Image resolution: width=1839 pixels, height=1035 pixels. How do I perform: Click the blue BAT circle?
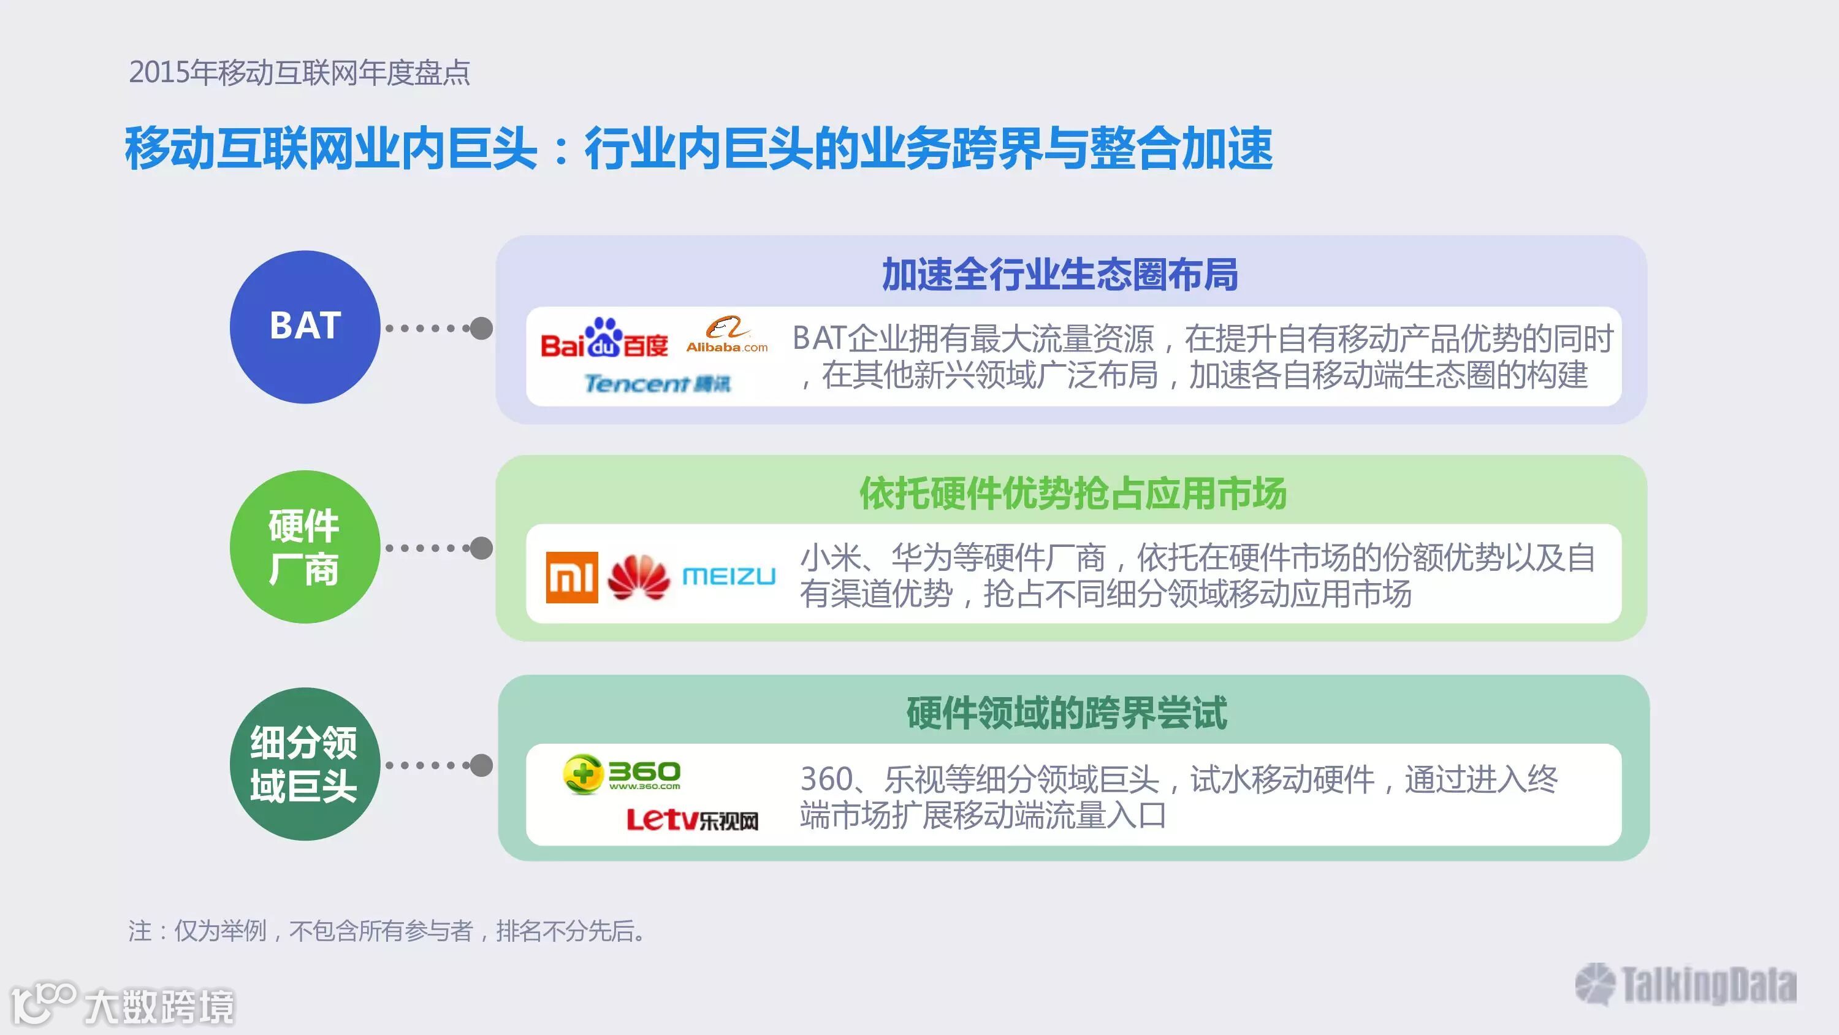point(305,326)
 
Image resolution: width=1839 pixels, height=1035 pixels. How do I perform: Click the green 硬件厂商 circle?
point(305,546)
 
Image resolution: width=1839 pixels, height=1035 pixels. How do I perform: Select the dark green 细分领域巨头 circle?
point(305,763)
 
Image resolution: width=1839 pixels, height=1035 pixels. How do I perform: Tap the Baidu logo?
point(604,339)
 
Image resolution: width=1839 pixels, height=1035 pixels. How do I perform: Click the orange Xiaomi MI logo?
point(572,577)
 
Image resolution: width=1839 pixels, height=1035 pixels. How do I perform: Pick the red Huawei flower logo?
point(639,577)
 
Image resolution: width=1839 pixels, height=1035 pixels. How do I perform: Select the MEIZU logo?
point(729,576)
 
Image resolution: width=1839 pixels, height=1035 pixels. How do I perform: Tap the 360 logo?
point(622,774)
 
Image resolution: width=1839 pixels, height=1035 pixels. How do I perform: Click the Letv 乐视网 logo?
point(691,819)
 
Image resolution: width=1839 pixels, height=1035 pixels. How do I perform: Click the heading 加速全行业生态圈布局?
point(1059,275)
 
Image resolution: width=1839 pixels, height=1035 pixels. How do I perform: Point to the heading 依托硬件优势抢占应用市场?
point(1072,494)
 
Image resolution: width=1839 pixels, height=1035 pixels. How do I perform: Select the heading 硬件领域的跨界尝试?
point(1067,713)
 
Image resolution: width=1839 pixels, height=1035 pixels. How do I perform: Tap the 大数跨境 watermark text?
point(159,1006)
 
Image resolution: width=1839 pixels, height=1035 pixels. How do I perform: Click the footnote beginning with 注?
point(386,931)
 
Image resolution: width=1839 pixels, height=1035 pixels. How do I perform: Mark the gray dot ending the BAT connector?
point(482,329)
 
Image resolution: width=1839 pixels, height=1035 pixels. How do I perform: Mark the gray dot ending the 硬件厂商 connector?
point(482,548)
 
